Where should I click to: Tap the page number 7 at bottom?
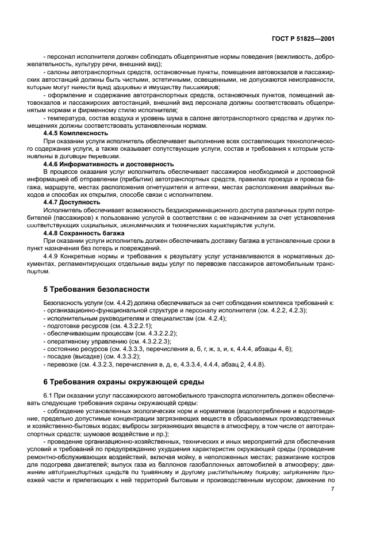coord(333,489)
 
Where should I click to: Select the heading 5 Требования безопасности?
coord(97,289)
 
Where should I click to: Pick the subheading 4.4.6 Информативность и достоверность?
coord(108,164)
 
